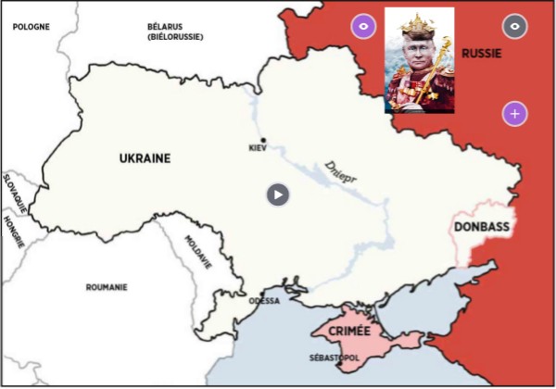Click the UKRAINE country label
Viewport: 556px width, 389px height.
click(x=145, y=158)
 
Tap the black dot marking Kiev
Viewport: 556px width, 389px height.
click(x=264, y=141)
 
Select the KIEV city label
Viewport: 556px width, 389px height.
click(x=258, y=149)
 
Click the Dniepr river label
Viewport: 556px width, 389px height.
click(x=341, y=172)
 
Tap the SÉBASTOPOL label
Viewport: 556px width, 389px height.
click(x=332, y=357)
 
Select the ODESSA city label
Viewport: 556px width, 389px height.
click(x=264, y=301)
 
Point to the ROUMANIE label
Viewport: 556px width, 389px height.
click(x=107, y=287)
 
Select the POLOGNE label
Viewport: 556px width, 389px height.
click(x=30, y=27)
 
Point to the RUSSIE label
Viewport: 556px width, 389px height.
click(x=481, y=54)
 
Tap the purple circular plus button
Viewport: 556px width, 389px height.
click(x=515, y=114)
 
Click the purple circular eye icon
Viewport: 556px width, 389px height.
click(x=363, y=27)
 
